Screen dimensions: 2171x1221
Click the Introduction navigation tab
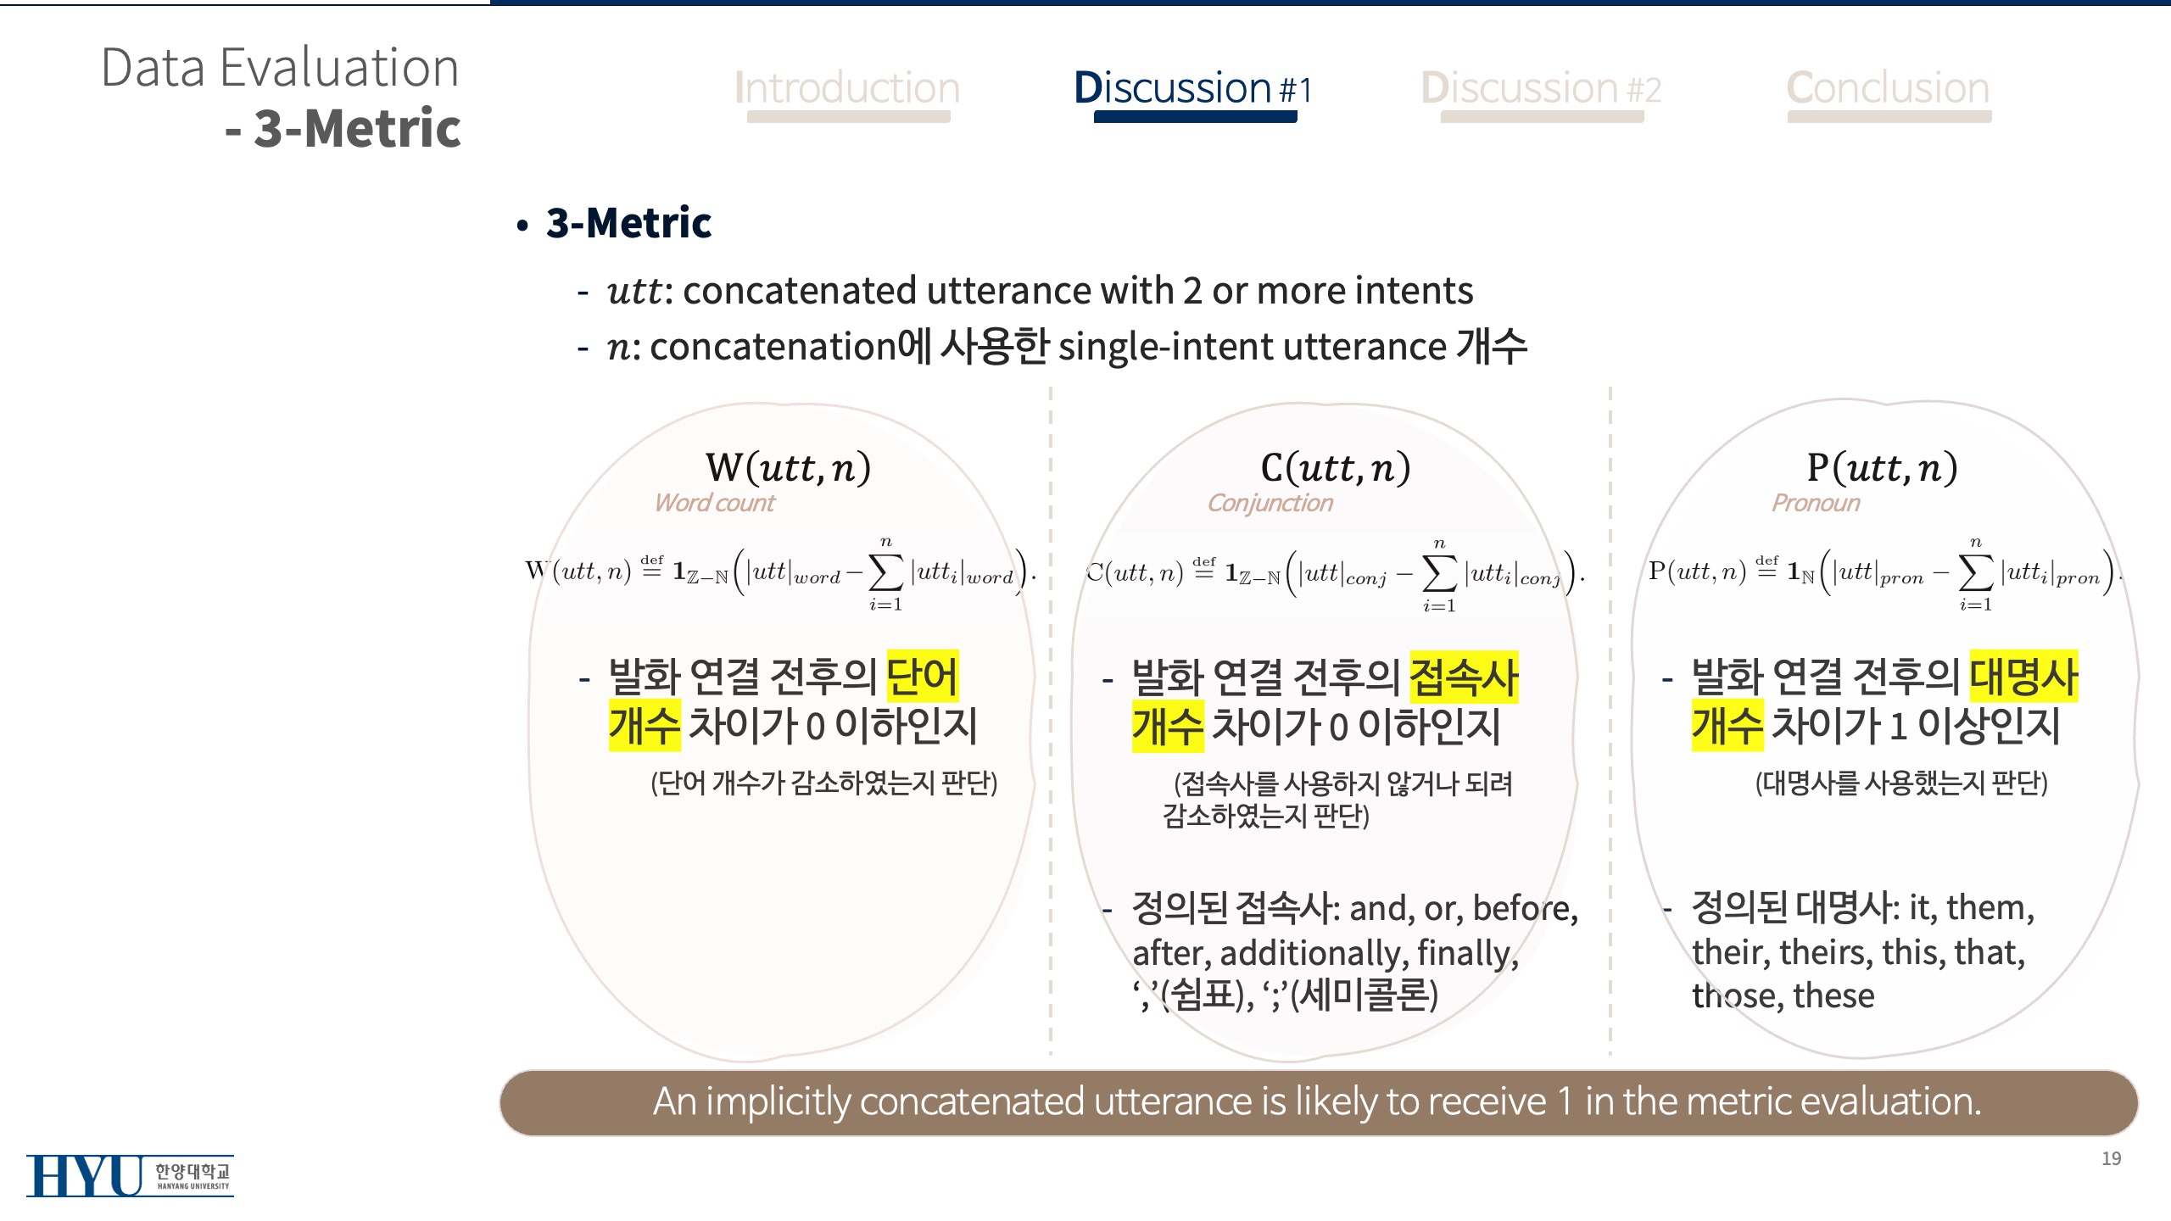click(847, 88)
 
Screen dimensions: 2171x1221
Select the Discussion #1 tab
click(1192, 88)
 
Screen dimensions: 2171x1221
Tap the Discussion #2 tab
click(1541, 88)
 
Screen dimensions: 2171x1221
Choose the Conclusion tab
click(1888, 88)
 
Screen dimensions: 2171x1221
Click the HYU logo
click(130, 1175)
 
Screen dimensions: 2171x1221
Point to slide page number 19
click(2111, 1158)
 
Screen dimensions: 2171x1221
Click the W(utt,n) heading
click(788, 467)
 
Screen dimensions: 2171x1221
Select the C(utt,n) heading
click(1336, 467)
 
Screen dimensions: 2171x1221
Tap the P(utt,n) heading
click(1882, 467)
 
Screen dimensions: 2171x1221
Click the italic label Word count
click(714, 503)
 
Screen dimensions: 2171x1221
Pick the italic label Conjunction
click(1270, 503)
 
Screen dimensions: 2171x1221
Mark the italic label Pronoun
click(1816, 503)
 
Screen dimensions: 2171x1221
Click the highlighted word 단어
click(923, 676)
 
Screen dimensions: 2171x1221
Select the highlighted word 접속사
click(1464, 677)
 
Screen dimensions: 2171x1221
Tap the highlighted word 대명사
click(2023, 676)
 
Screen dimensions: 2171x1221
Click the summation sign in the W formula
click(885, 574)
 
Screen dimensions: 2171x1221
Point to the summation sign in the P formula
click(1975, 574)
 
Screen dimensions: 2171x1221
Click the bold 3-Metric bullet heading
click(628, 223)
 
